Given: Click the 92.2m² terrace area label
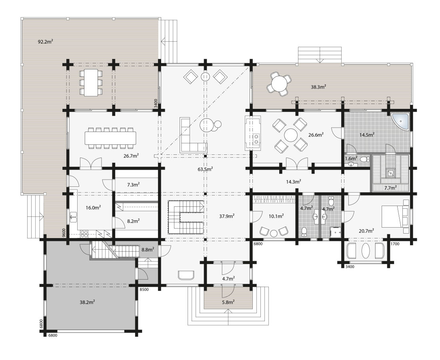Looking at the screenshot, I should click(46, 41).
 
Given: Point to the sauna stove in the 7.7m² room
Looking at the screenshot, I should click(390, 173).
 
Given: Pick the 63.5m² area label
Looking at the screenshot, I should click(205, 169).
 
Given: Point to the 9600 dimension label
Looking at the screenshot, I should click(64, 233).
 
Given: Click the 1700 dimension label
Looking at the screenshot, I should click(395, 244).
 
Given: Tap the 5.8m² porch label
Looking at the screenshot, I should click(228, 302).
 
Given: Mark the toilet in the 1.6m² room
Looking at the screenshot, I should click(363, 159).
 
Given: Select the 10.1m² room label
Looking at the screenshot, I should click(276, 216).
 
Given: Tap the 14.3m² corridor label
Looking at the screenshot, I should click(293, 182).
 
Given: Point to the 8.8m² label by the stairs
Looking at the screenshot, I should click(148, 249).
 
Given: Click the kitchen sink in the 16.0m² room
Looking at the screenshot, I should click(73, 218).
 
